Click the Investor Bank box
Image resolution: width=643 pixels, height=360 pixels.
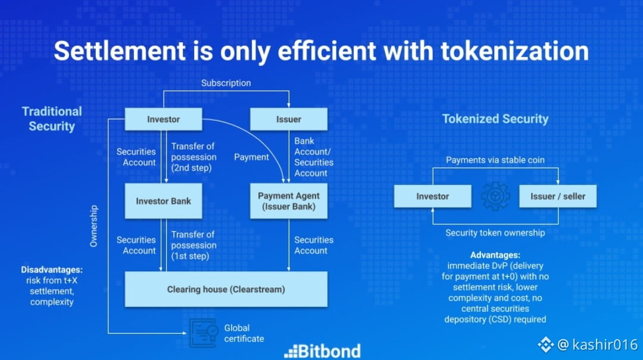coord(163,201)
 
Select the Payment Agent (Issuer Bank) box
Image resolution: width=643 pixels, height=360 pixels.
coord(289,201)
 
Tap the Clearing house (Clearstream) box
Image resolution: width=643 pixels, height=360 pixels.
coord(226,289)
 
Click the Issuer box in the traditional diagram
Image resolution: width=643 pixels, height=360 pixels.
coord(289,120)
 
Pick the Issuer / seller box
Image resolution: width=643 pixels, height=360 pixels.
coord(558,196)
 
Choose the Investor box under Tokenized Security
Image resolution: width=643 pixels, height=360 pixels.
coord(433,196)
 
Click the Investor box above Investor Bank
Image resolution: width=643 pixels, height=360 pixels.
coord(163,120)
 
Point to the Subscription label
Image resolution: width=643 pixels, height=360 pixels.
coord(226,83)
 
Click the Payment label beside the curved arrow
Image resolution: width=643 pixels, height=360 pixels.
coord(251,157)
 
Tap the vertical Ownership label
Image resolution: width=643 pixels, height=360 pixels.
coord(94,226)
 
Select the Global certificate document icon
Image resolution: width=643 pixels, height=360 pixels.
coord(204,333)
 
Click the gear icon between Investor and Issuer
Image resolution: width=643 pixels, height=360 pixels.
coord(495,196)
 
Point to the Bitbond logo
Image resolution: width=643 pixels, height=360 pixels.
coord(322,352)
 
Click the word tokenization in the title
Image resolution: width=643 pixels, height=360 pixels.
coord(514,51)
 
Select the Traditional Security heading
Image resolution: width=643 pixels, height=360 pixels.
coord(52,119)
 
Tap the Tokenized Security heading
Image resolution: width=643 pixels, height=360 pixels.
coord(495,119)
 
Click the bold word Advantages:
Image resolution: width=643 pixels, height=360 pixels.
coord(495,255)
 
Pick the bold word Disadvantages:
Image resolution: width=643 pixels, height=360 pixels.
coord(52,270)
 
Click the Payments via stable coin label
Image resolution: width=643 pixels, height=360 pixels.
coord(495,160)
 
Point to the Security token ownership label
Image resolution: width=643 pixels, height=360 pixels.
coord(495,233)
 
